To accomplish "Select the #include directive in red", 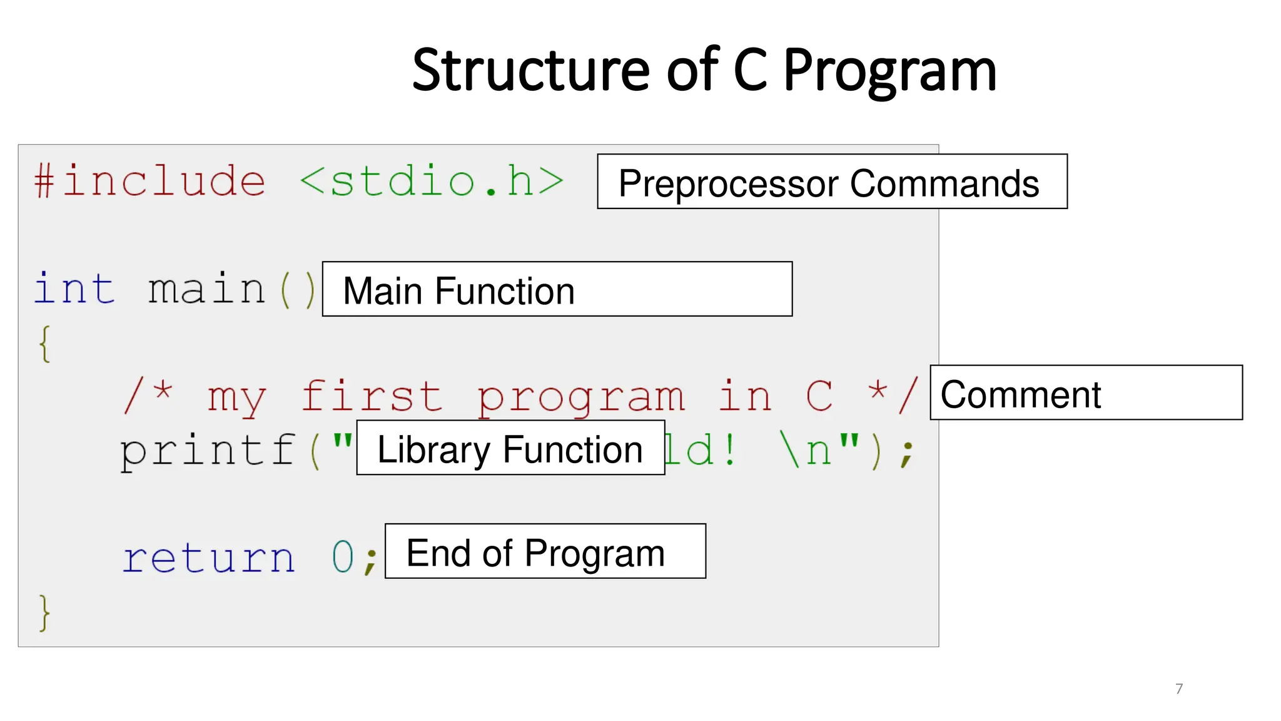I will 150,181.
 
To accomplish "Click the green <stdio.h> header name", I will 432,181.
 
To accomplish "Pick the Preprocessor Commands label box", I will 832,182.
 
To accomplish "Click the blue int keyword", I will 74,289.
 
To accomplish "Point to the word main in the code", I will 207,289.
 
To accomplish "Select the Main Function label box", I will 557,289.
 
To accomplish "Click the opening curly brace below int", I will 44,344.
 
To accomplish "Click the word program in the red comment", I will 580,397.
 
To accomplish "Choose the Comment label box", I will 1086,393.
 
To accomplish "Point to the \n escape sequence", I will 807,451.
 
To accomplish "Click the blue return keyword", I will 208,558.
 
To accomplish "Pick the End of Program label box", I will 545,551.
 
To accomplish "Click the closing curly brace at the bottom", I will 44,613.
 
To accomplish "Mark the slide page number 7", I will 1179,689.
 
